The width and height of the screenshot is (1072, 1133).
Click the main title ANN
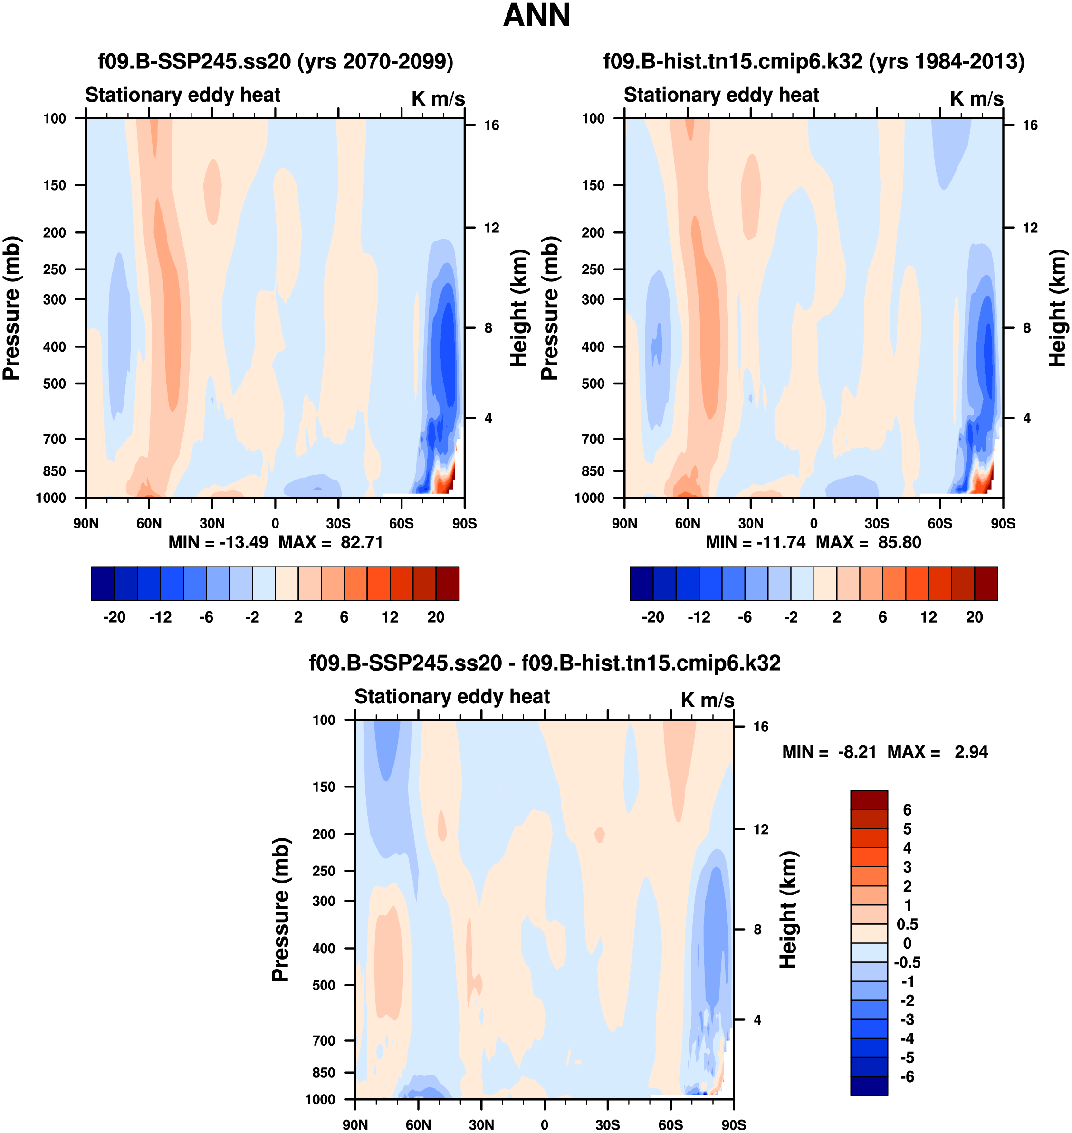tap(536, 15)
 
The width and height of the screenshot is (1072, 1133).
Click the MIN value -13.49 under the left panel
tap(243, 542)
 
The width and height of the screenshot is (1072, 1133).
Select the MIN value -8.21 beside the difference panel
tap(857, 752)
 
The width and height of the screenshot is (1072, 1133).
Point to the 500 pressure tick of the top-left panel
tap(55, 384)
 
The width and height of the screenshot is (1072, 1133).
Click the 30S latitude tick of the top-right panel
tap(877, 524)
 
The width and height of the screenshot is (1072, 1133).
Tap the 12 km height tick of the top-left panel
tap(491, 228)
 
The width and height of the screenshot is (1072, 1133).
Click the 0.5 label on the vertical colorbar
tap(908, 924)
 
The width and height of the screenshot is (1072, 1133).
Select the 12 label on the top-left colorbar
tap(390, 617)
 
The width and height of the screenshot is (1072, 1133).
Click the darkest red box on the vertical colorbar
tap(869, 800)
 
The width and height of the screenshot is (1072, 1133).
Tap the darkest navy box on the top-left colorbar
tap(103, 584)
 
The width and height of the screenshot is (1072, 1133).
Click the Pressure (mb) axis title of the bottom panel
tap(280, 910)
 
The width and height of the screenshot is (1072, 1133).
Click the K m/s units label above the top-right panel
tap(976, 98)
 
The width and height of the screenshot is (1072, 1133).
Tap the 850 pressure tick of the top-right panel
tap(593, 471)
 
